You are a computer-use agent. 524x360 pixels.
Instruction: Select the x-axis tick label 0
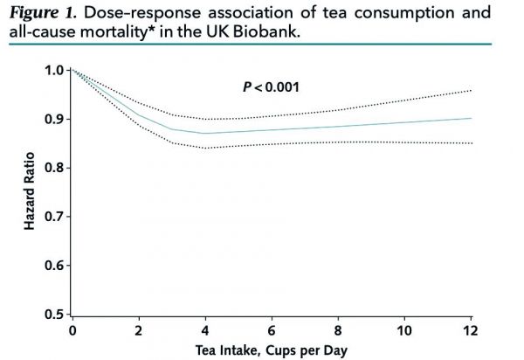tap(72, 331)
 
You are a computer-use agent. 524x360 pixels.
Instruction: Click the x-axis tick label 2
tap(139, 331)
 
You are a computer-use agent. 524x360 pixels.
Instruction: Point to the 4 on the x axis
tap(205, 331)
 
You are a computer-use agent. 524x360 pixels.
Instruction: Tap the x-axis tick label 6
tap(272, 331)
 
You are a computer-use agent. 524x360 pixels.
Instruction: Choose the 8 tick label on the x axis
tap(338, 331)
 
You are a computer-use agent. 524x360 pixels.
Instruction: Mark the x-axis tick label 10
tap(404, 331)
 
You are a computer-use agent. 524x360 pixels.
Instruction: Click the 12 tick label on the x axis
tap(471, 331)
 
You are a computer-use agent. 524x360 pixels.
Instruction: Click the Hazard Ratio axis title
tap(30, 191)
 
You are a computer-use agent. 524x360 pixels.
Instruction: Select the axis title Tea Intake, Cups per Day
tap(272, 350)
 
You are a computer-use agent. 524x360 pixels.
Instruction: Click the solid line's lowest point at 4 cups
tap(205, 134)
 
